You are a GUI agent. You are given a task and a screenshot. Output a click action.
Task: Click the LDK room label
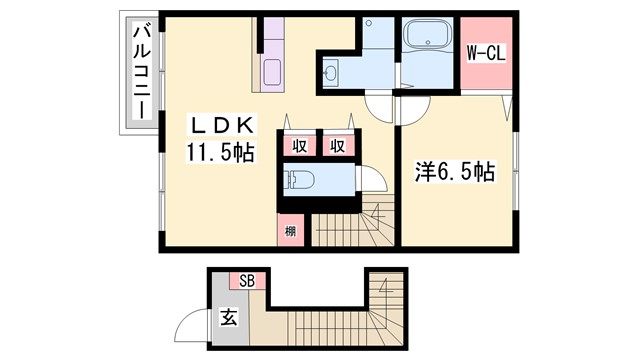[x=225, y=126]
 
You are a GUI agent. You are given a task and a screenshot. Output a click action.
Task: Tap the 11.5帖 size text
[x=218, y=154]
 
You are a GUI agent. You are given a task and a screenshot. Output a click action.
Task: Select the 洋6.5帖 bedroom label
[x=456, y=172]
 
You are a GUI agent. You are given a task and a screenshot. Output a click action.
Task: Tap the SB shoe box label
[x=246, y=279]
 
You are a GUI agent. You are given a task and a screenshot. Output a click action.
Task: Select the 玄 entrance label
[x=228, y=320]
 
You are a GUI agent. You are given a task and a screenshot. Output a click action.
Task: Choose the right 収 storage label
[x=338, y=146]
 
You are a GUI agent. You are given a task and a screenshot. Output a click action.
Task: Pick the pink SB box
[x=246, y=279]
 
